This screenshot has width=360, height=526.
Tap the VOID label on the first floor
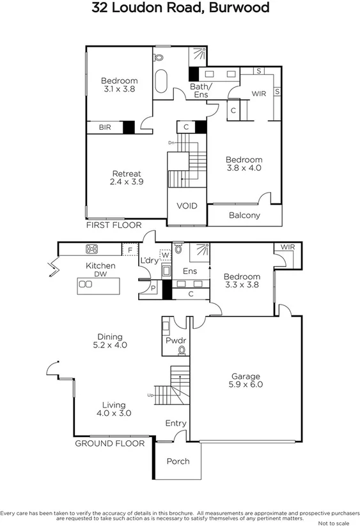click(x=187, y=206)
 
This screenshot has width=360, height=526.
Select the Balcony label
click(x=245, y=215)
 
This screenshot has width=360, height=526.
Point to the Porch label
click(x=178, y=461)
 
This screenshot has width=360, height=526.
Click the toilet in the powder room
click(x=182, y=350)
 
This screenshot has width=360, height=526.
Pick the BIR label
click(x=104, y=128)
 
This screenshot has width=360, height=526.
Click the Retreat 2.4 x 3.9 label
click(x=127, y=178)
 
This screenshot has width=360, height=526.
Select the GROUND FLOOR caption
click(x=110, y=443)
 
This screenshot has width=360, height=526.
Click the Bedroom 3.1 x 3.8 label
click(x=120, y=85)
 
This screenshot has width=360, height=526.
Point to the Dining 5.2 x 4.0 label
click(x=110, y=340)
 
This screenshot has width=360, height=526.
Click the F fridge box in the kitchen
click(x=130, y=250)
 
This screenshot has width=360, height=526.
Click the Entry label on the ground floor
click(x=176, y=423)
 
